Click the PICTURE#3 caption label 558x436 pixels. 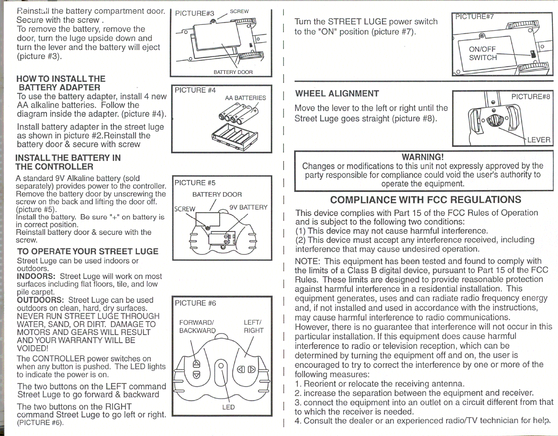point(195,14)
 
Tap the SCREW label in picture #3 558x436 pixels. point(239,11)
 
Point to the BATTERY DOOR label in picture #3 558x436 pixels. point(233,72)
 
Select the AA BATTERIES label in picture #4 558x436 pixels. point(245,98)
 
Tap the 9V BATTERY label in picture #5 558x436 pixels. point(248,207)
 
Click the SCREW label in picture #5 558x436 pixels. point(185,209)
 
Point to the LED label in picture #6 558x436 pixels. point(228,407)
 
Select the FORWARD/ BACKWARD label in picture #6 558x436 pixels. point(197,327)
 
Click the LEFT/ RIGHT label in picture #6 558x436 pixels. point(253,327)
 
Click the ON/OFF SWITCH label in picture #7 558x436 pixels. point(483,53)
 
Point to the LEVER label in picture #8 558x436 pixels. point(538,140)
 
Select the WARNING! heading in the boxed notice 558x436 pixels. point(423,157)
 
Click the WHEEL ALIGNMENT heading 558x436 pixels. point(337,94)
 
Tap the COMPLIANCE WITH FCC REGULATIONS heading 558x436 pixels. point(425,200)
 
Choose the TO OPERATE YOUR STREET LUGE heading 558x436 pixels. point(88,251)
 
